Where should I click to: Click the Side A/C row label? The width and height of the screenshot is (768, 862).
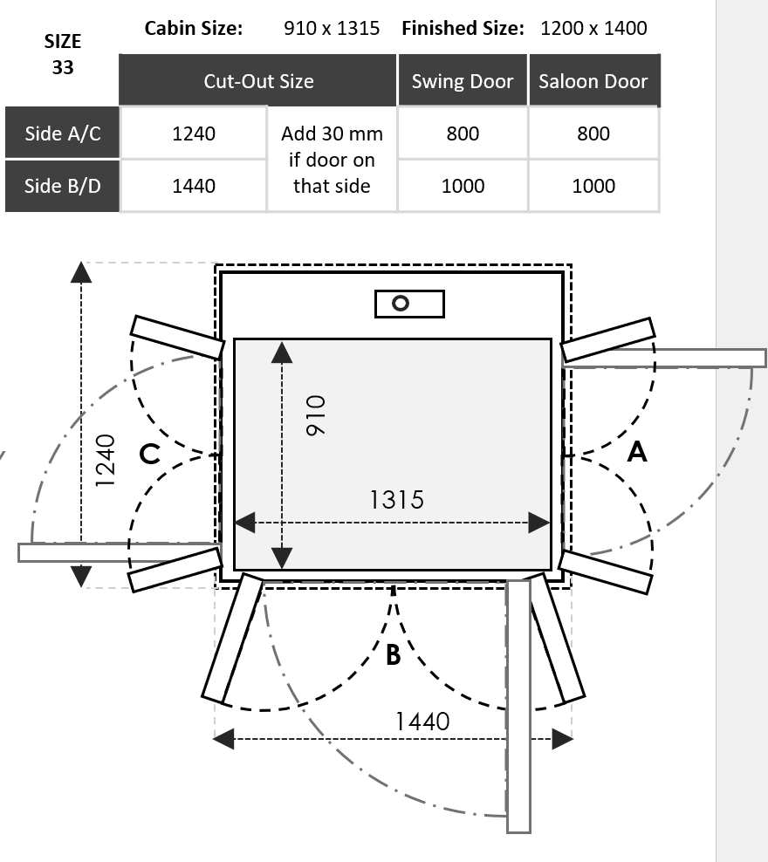tap(62, 133)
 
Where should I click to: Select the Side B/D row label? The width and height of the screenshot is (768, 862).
tap(62, 186)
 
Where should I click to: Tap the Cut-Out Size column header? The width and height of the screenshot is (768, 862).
tap(258, 81)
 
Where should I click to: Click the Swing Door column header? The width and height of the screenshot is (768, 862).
tap(463, 81)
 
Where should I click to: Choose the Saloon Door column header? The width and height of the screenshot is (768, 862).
tap(593, 81)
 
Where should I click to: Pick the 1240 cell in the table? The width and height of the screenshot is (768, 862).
tap(194, 133)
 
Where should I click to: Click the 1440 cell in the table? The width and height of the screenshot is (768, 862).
tap(194, 186)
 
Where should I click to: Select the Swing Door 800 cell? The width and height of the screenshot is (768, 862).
tap(463, 133)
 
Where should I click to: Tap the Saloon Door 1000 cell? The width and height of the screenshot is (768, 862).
tap(593, 186)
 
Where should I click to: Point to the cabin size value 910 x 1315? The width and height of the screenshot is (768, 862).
tap(332, 28)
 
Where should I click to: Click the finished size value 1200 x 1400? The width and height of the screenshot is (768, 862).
tap(593, 28)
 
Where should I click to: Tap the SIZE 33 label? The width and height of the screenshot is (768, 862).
tap(63, 54)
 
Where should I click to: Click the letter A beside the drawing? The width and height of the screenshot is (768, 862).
tap(637, 451)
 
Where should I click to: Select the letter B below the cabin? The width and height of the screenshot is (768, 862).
tap(393, 653)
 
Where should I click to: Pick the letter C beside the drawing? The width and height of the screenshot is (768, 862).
tap(150, 454)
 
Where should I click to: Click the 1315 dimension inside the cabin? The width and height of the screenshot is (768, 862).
tap(396, 499)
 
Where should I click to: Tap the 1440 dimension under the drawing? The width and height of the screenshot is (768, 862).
tap(422, 721)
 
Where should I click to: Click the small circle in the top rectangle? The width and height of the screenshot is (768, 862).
tap(401, 304)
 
